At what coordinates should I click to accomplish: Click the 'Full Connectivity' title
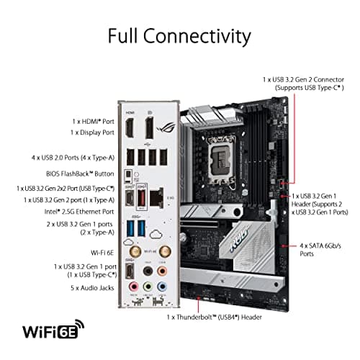point(179,36)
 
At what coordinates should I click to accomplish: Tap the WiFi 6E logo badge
point(50,332)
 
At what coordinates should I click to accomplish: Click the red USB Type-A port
point(143,197)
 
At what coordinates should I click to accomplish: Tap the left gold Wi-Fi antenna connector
point(134,252)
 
